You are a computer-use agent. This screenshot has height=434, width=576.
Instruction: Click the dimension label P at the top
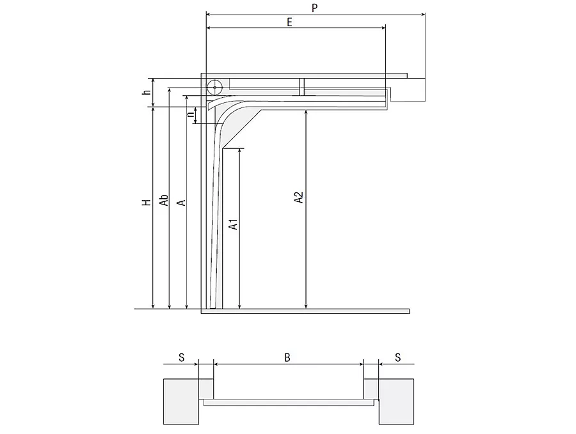pos(314,8)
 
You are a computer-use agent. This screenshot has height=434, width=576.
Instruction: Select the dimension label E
pos(289,22)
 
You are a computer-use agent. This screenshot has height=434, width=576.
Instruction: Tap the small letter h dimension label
pos(147,91)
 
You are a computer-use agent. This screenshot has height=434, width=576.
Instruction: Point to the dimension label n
pos(190,114)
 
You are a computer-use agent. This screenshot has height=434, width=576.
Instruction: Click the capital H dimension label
pos(147,202)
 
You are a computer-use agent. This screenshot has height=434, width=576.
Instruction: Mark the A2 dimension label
pos(299,197)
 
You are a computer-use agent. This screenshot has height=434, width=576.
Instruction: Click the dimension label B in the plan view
pos(287,357)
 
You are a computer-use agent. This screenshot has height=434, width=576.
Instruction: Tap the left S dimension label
pos(182,357)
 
